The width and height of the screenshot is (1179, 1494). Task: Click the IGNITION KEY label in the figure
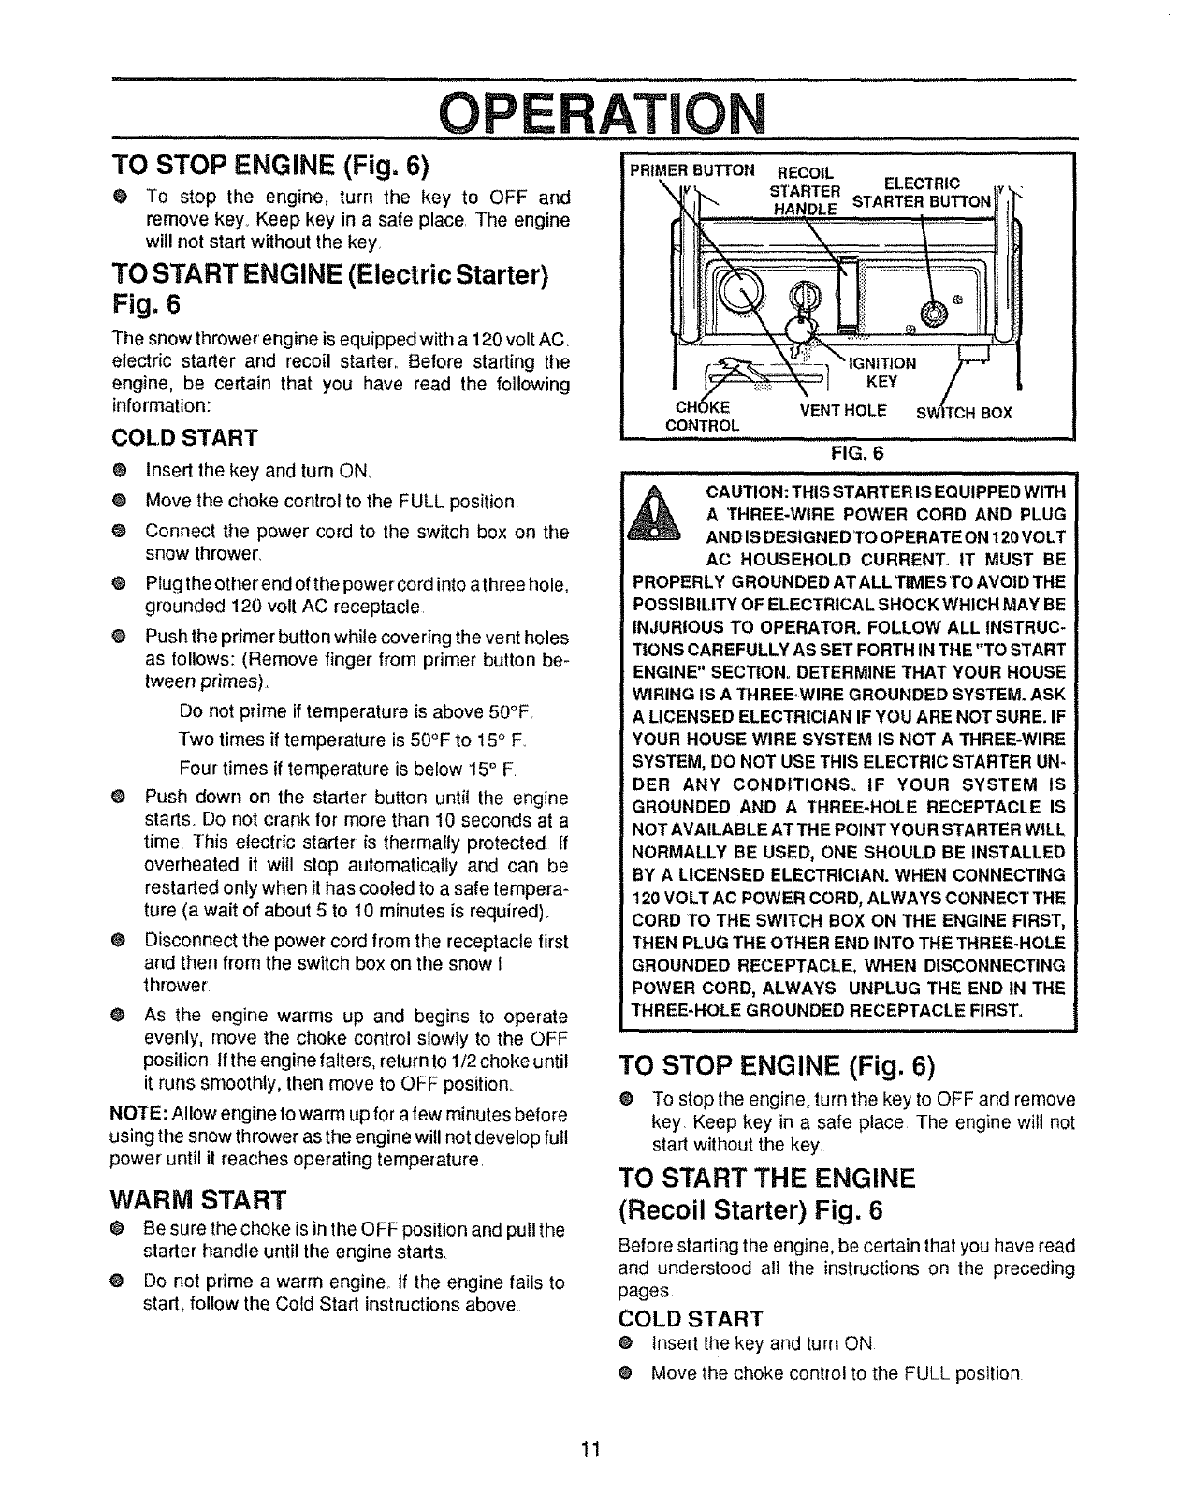[881, 372]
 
